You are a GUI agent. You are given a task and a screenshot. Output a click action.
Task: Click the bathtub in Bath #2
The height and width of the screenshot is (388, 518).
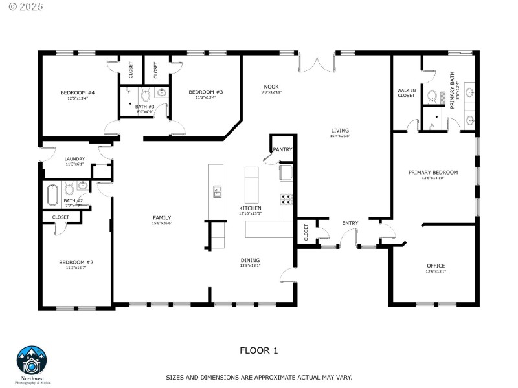coord(53,193)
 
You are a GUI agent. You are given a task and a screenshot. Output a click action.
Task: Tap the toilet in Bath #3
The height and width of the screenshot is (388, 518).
coord(144,92)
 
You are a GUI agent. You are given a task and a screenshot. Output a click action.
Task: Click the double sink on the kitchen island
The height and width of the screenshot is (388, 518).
coord(218,191)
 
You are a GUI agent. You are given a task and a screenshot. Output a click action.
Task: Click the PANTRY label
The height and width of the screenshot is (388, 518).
coord(282,149)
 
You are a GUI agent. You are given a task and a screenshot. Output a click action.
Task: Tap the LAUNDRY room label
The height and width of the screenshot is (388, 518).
coord(74,159)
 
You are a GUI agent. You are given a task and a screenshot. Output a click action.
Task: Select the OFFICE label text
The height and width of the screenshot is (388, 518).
coord(436,266)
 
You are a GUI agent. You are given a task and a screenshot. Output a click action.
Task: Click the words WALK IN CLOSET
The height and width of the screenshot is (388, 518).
coord(406,92)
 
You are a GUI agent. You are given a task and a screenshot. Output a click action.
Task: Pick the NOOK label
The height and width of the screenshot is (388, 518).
coord(271,87)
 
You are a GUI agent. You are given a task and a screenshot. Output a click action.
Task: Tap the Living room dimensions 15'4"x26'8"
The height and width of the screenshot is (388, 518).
coord(340,136)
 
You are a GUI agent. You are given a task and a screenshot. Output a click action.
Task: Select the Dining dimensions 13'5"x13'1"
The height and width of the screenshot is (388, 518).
coord(250,265)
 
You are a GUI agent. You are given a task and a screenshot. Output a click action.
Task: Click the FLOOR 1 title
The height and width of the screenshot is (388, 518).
coord(258,351)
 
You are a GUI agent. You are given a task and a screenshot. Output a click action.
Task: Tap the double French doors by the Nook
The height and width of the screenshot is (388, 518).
coord(317,62)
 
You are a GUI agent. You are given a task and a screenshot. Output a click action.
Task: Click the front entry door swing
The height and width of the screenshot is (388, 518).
coord(348,238)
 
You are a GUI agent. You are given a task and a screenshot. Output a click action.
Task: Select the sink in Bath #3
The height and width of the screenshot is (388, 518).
coord(161,92)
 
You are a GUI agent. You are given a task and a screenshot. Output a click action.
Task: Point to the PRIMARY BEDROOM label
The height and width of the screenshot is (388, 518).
coord(433,173)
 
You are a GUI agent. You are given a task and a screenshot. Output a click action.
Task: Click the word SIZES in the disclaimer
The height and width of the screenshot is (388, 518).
coord(175,376)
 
